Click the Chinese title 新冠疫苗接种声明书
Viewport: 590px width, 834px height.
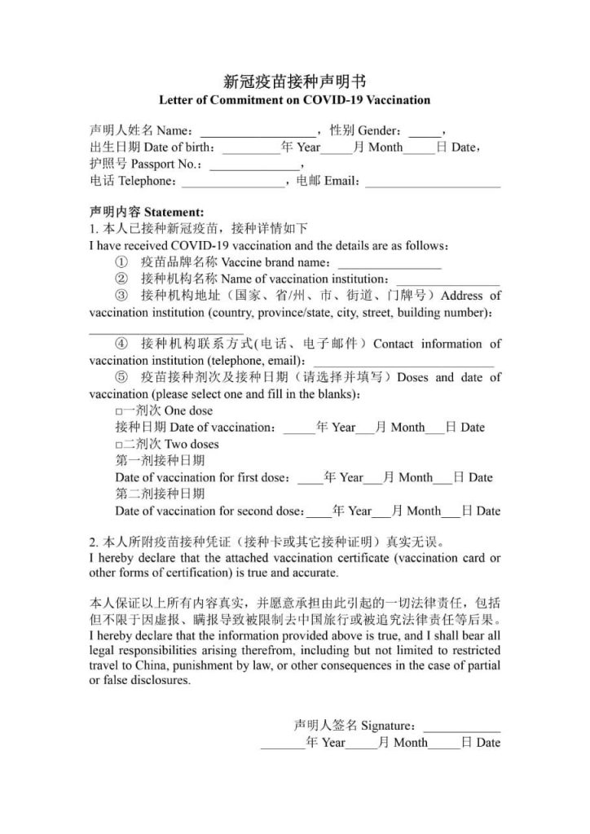(x=294, y=81)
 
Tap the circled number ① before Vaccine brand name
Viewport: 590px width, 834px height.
(x=121, y=262)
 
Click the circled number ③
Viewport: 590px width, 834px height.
(x=121, y=295)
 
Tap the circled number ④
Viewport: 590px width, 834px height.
(x=121, y=345)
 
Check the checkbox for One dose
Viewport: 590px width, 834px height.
(x=119, y=411)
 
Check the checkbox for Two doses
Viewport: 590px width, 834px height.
(x=119, y=445)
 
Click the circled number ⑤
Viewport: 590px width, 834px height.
(x=121, y=378)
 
